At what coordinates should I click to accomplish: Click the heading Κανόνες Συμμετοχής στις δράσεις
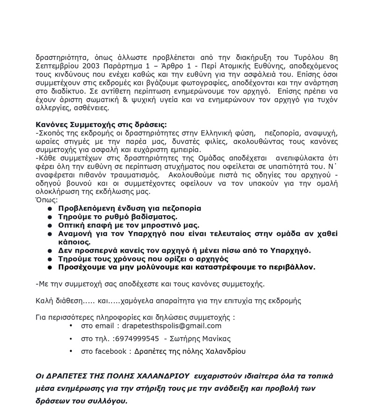101,125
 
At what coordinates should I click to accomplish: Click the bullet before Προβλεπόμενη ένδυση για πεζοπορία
50,208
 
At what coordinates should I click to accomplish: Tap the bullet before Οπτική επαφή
50,225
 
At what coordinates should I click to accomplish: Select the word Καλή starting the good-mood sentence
43,300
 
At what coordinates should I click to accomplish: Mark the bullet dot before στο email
71,326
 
